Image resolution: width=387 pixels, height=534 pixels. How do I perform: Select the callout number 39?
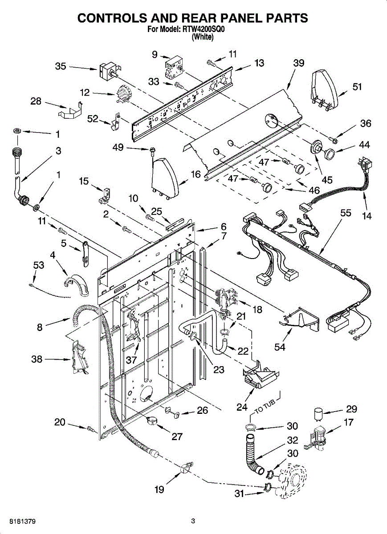click(x=299, y=63)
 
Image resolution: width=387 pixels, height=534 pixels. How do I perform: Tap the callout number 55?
click(x=346, y=213)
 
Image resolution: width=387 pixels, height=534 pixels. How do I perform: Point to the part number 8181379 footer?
click(x=21, y=521)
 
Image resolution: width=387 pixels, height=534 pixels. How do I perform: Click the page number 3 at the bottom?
click(x=193, y=521)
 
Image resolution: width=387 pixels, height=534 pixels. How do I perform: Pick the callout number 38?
click(x=37, y=359)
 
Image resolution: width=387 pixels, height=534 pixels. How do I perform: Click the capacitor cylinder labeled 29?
click(x=318, y=414)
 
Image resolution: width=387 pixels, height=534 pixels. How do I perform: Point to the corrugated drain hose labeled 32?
click(x=253, y=454)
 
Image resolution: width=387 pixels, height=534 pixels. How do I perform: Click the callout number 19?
click(x=159, y=489)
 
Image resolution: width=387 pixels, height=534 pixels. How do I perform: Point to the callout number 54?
click(x=280, y=347)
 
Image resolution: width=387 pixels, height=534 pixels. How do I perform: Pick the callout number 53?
click(x=39, y=266)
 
